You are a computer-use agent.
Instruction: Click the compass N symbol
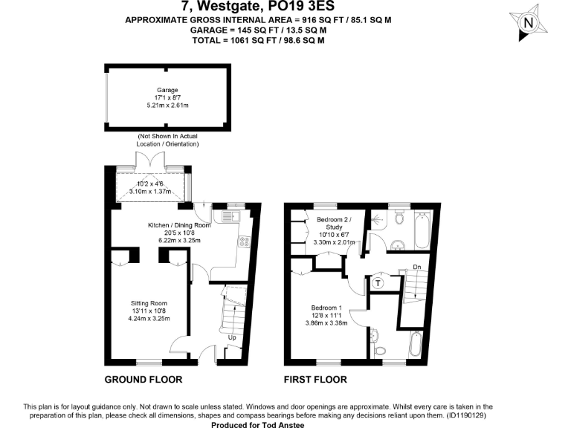pos(529,23)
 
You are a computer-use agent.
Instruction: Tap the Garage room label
pos(157,90)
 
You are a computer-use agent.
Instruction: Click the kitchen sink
pos(226,216)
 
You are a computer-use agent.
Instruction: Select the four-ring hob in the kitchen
pos(243,241)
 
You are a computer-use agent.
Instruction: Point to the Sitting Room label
pos(149,303)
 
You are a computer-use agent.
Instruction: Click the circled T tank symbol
pos(378,282)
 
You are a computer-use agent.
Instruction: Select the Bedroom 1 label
pos(326,308)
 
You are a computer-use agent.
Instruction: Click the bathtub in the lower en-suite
pos(416,346)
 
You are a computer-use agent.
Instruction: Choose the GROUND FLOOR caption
pos(143,380)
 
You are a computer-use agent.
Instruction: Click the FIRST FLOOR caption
pos(316,380)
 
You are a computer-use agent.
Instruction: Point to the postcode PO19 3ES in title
pos(300,7)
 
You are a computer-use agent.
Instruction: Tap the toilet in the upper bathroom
pos(400,218)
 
